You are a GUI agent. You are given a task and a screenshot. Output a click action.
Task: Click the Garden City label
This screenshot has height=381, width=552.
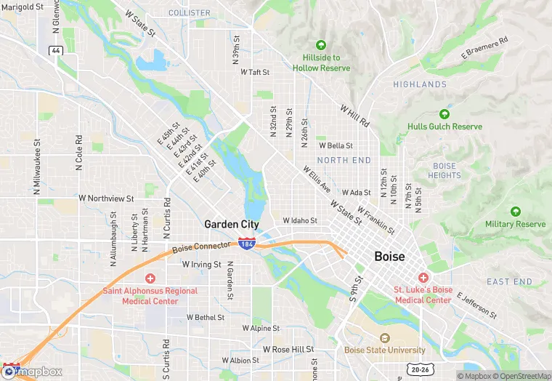pos(232,224)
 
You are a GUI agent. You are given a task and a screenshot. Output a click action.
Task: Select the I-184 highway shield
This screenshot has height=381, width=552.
pos(247,244)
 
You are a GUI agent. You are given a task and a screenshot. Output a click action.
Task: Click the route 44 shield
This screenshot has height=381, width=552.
pos(55,50)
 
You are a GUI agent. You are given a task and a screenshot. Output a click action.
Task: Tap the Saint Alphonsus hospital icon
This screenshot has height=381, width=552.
pos(150,278)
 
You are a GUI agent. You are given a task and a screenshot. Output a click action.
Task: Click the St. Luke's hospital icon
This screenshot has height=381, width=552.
pos(423,277)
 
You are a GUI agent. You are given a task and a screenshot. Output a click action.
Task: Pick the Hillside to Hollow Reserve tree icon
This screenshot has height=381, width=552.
pos(321,45)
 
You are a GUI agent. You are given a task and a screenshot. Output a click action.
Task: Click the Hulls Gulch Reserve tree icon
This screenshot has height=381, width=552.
pos(444,114)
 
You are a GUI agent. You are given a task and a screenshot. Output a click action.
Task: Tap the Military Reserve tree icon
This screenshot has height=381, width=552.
pos(515,212)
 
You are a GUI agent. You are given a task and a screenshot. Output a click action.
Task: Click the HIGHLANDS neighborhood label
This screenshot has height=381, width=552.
pos(420,84)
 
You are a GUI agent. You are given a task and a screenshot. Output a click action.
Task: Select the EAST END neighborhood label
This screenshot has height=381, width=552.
pos(509,281)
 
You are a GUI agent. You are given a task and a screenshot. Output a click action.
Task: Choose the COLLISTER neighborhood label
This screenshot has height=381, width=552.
pos(190,13)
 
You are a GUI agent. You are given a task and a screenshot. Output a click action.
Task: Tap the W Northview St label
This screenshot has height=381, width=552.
pos(107,198)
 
